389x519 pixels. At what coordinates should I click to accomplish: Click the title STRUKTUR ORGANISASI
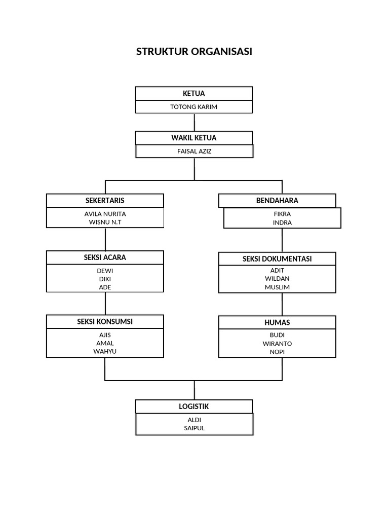(x=194, y=52)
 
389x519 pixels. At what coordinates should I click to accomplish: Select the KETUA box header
(x=194, y=93)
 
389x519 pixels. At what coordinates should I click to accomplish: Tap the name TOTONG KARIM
(x=194, y=107)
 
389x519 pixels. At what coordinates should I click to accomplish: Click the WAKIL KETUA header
(x=194, y=138)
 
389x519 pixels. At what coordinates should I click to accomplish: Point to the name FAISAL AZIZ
(x=194, y=151)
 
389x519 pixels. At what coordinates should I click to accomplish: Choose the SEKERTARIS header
(x=105, y=201)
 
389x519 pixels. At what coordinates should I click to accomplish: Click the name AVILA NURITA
(x=105, y=214)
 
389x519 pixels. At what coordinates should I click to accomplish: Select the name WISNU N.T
(x=105, y=222)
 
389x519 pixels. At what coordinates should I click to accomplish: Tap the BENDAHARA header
(x=277, y=201)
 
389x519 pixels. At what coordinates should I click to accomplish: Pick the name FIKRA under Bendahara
(x=282, y=214)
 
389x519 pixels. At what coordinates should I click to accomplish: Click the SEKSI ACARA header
(x=105, y=257)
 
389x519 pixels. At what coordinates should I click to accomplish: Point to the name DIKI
(x=105, y=279)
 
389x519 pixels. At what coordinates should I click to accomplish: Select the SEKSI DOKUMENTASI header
(x=277, y=259)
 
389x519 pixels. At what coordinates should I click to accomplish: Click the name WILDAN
(x=277, y=278)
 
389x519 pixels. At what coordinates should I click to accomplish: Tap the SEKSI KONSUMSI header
(x=105, y=322)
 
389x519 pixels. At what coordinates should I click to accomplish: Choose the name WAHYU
(x=105, y=351)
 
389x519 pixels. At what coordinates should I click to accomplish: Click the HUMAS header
(x=277, y=323)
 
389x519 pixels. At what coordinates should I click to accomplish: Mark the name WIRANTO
(x=277, y=343)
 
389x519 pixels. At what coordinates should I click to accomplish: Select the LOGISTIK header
(x=194, y=406)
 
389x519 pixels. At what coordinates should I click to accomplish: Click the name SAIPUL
(x=194, y=428)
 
